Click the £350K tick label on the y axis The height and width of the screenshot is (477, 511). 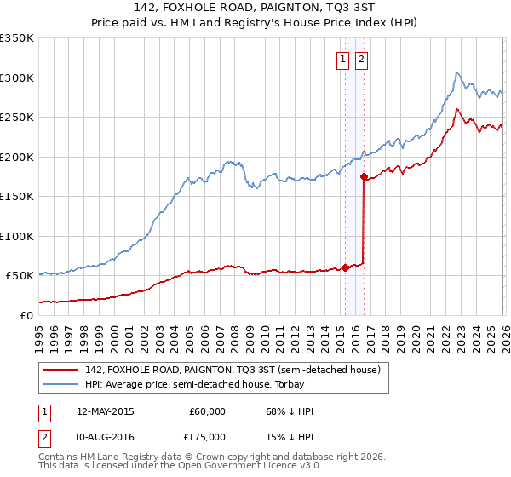[x=17, y=38]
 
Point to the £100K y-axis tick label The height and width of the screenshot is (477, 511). [x=17, y=236]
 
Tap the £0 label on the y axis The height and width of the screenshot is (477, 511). [x=26, y=315]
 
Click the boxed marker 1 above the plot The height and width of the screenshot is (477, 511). [x=342, y=59]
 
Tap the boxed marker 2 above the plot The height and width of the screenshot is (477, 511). [x=361, y=59]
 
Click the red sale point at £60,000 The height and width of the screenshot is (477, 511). [x=345, y=267]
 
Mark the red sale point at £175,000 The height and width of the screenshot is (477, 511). [x=364, y=177]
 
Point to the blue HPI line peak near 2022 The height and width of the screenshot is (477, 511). [x=457, y=72]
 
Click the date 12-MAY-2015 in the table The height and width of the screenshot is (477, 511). [x=105, y=411]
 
